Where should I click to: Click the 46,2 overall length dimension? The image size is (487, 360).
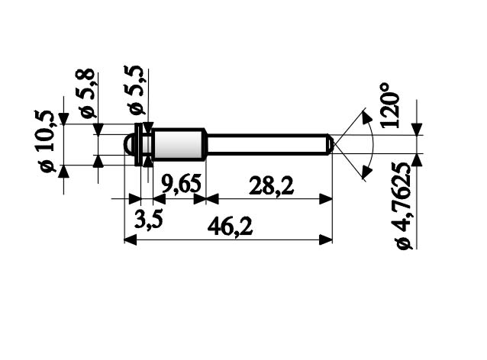[x=228, y=227]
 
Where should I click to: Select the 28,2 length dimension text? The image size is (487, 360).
[x=272, y=185]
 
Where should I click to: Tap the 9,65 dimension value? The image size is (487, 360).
[x=179, y=185]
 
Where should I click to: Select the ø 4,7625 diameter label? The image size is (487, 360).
[x=404, y=204]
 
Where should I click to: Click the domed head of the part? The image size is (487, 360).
[x=129, y=144]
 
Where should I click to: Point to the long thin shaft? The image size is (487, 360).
[x=267, y=144]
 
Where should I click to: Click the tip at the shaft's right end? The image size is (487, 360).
[x=330, y=144]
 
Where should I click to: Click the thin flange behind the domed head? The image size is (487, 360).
[x=138, y=144]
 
